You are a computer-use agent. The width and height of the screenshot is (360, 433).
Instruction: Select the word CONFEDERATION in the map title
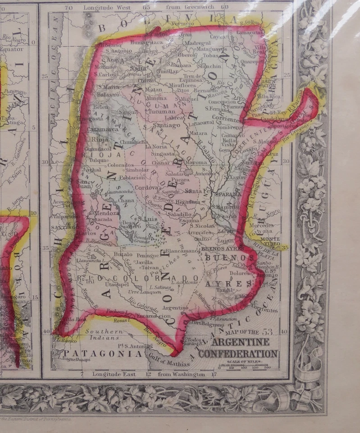(237, 354)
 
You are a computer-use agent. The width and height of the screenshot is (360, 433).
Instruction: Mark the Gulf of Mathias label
(169, 361)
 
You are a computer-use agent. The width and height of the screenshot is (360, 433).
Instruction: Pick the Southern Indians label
(104, 334)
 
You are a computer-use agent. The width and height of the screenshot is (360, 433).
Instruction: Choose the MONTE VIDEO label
(268, 241)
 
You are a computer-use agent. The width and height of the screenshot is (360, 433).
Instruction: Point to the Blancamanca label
(182, 251)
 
